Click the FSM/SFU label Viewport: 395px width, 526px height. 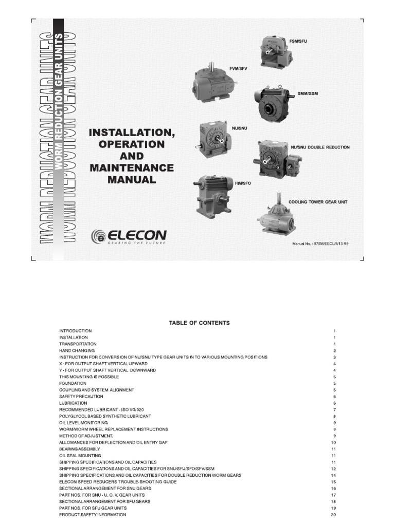[x=299, y=41]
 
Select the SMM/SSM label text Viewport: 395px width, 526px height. [x=307, y=93]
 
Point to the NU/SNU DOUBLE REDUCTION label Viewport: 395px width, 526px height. [x=320, y=147]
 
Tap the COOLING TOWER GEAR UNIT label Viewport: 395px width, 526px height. [x=318, y=202]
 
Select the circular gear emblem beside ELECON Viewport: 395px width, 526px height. [x=98, y=236]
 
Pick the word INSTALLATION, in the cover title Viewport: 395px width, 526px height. [x=132, y=133]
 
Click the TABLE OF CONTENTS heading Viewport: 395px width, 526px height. [x=199, y=323]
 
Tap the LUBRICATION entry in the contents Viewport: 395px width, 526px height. [x=74, y=403]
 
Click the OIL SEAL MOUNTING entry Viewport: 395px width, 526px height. [x=80, y=456]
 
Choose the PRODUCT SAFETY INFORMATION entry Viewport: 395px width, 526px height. [x=92, y=515]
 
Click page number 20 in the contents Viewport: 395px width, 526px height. [x=333, y=515]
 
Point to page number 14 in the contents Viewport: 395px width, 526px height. [x=333, y=476]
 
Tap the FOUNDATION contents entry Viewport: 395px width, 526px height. [x=73, y=383]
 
